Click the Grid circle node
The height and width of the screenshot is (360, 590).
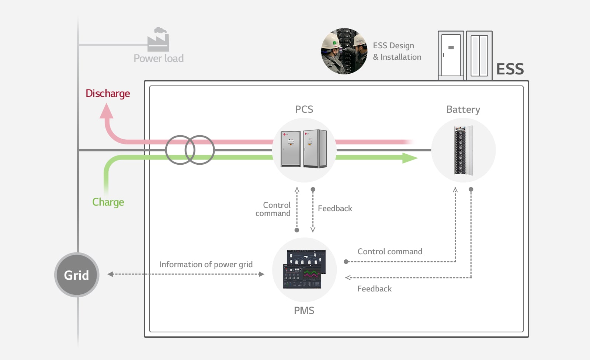(77, 275)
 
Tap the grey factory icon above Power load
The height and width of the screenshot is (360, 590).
(158, 40)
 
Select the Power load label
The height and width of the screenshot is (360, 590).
(159, 58)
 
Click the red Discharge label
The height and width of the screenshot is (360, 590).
(108, 94)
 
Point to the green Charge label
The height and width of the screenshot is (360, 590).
(108, 202)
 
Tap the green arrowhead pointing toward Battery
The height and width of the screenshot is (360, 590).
(409, 158)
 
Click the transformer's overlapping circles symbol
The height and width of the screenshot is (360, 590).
(190, 150)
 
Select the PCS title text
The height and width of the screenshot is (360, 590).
(304, 109)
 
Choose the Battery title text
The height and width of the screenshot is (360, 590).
(463, 109)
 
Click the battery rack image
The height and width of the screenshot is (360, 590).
(463, 150)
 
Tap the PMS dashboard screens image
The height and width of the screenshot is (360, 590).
(304, 269)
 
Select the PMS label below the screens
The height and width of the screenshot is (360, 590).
(304, 311)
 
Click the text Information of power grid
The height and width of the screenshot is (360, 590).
(206, 265)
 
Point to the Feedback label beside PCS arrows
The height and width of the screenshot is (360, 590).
(335, 209)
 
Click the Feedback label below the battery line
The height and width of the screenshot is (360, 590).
(374, 289)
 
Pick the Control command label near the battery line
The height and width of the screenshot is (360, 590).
(390, 252)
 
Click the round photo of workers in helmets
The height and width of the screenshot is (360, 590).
(344, 51)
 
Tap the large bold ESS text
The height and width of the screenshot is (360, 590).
(510, 69)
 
